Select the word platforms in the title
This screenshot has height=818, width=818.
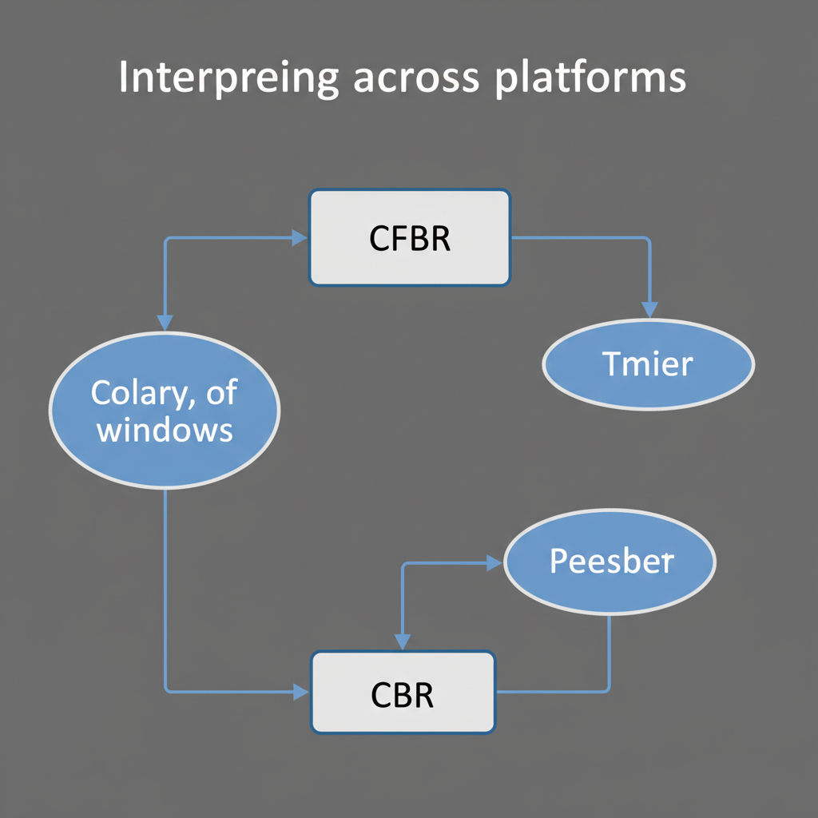click(x=590, y=80)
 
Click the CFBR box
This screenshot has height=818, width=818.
click(x=409, y=237)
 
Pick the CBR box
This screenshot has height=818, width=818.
click(x=403, y=692)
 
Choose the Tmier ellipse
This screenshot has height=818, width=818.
click(x=648, y=364)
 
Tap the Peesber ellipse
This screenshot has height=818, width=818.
click(x=611, y=561)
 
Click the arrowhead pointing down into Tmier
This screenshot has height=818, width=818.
click(x=649, y=310)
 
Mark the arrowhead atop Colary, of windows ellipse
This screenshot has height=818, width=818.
click(x=165, y=323)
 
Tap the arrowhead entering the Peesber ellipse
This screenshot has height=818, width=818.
click(x=495, y=563)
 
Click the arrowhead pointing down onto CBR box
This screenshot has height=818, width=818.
click(x=403, y=642)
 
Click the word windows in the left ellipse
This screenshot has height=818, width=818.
click(x=164, y=430)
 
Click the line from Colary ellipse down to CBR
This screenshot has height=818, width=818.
click(x=165, y=591)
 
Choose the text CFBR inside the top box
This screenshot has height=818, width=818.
click(x=410, y=239)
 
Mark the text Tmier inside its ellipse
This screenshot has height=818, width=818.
click(x=648, y=364)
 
